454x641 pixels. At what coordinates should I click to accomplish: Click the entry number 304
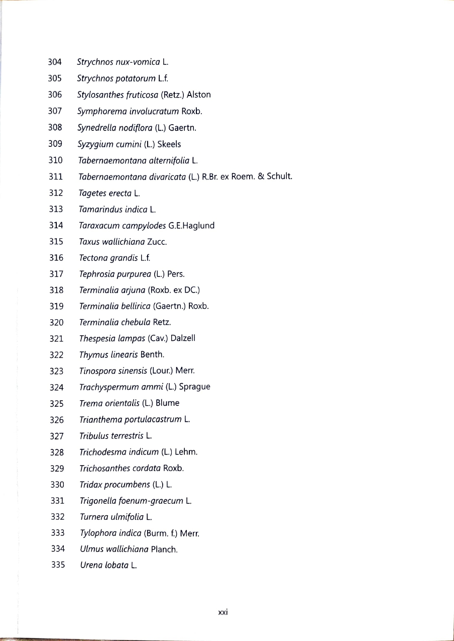pos(55,62)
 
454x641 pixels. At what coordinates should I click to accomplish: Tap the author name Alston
pos(198,95)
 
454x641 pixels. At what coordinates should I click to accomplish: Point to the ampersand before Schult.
pos(261,176)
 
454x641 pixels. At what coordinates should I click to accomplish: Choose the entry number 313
pos(56,209)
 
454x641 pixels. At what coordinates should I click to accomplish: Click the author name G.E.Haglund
pos(191,225)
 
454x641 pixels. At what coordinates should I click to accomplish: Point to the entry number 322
pos(57,355)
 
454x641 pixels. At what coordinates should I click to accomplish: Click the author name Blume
pos(167,403)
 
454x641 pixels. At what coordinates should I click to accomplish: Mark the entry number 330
pos(57,485)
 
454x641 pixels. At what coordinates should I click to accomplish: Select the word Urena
pos(91,565)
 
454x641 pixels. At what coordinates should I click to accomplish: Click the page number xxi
pos(223,612)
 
